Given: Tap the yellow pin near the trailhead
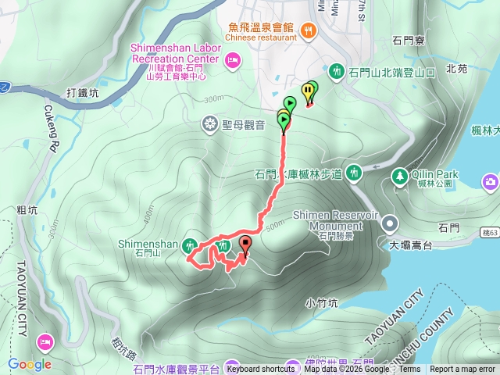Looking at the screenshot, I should click(307, 91).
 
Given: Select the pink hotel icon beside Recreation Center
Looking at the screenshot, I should click(231, 60).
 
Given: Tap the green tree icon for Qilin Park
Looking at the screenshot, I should click(399, 175).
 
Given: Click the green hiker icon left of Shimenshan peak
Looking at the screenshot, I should click(189, 246).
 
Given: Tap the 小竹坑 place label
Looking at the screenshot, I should click(321, 302).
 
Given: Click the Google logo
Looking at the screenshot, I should click(30, 364).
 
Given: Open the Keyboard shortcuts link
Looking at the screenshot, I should click(261, 370).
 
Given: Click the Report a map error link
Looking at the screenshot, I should click(462, 370).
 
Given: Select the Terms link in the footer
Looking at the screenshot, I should click(409, 370).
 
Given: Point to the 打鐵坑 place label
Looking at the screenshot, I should click(83, 93).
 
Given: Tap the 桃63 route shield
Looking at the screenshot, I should click(490, 233).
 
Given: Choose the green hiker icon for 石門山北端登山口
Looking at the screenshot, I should click(336, 71).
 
